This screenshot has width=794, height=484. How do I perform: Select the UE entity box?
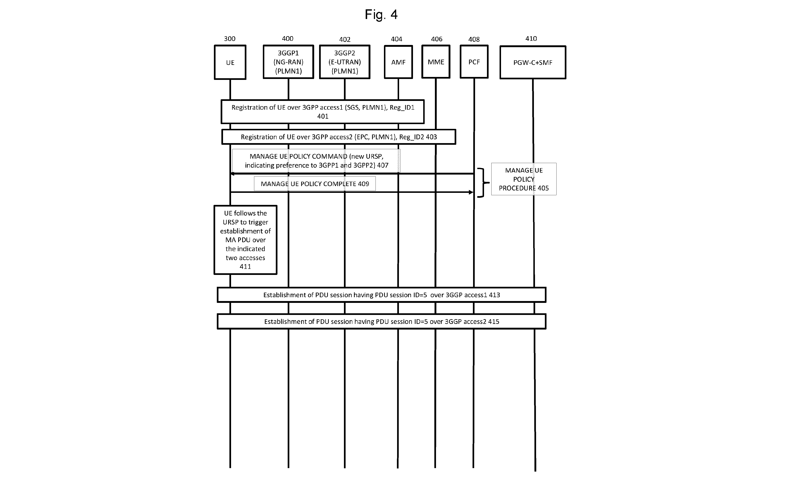230,62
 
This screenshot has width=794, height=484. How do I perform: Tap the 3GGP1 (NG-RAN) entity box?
288,62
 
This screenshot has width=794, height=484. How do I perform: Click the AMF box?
398,62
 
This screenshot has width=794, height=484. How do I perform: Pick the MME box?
436,62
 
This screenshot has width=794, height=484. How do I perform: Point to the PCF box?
474,62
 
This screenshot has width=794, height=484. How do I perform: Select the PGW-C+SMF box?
533,62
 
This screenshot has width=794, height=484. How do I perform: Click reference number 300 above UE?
230,39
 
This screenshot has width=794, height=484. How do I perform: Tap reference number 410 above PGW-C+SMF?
531,38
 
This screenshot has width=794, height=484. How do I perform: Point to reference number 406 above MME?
437,39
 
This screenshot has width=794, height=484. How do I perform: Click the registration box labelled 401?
323,111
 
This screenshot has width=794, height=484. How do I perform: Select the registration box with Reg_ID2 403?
339,137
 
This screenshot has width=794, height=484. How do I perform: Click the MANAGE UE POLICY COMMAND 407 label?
316,161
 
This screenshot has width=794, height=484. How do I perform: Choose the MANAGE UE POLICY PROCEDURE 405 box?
524,179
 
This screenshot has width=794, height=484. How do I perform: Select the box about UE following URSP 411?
245,240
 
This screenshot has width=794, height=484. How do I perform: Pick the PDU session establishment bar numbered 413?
382,295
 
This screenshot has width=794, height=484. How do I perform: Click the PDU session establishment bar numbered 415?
382,322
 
